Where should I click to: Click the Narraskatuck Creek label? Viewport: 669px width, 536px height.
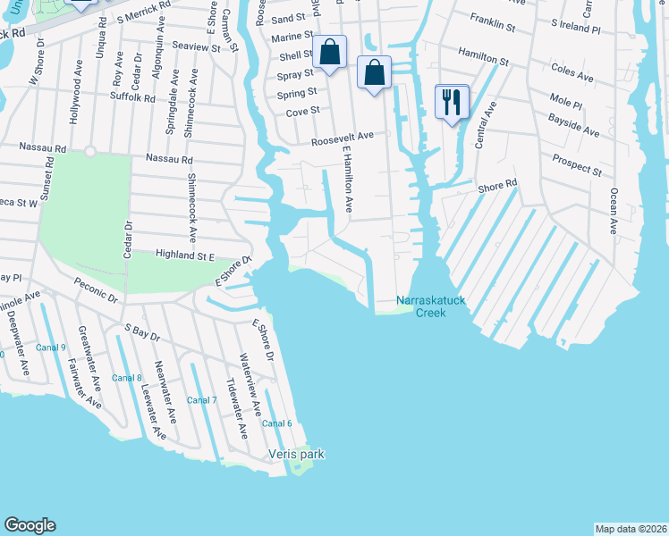(x=431, y=306)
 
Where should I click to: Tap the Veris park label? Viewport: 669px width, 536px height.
(x=296, y=454)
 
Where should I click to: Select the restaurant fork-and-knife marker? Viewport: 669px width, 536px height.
(x=452, y=102)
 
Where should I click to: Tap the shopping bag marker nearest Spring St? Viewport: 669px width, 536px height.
(x=375, y=73)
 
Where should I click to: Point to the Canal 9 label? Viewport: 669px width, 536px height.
(x=52, y=348)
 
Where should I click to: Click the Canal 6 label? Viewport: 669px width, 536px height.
(x=277, y=423)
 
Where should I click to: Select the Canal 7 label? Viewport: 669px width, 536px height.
(x=202, y=399)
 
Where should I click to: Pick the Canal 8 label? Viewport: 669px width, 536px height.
(x=127, y=378)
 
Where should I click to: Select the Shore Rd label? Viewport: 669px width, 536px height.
(x=498, y=186)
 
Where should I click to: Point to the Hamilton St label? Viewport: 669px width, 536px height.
(x=483, y=58)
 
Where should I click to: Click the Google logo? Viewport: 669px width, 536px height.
(x=30, y=525)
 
